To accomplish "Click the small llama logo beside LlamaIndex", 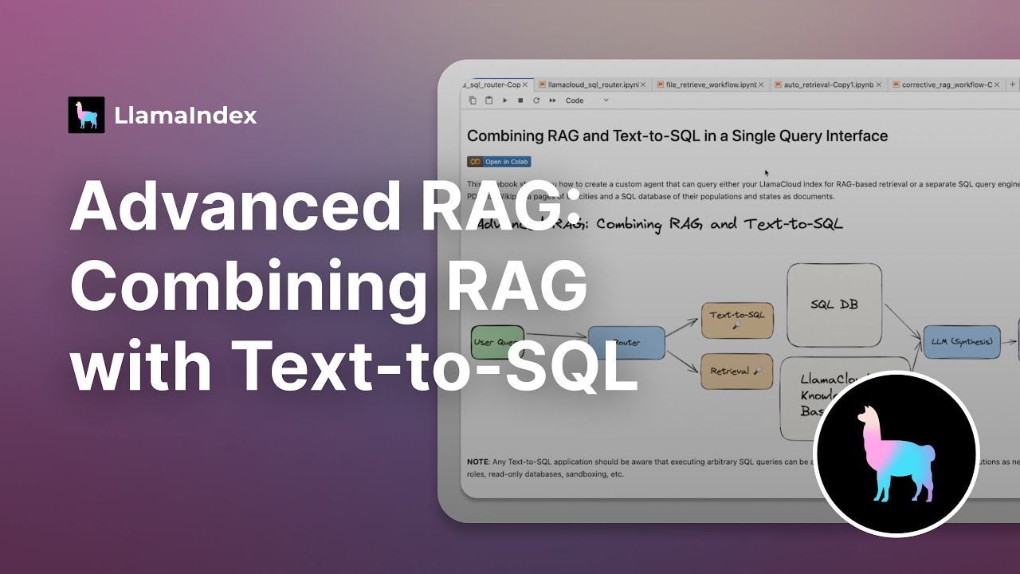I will coord(86,115).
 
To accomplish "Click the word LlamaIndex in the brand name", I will coord(185,116).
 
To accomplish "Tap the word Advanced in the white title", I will coord(232,206).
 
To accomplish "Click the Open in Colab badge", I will coord(499,162).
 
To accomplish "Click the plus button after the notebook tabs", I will coord(1013,84).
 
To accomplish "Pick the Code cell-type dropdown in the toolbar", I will coord(586,100).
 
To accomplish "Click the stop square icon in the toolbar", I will coord(520,100).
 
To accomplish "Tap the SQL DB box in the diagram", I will coord(834,305).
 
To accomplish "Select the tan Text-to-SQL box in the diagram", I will coord(737,320).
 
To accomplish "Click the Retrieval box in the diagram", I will coord(737,371).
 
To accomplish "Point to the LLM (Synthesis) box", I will coord(962,342).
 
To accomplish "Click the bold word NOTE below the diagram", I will coord(479,462).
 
